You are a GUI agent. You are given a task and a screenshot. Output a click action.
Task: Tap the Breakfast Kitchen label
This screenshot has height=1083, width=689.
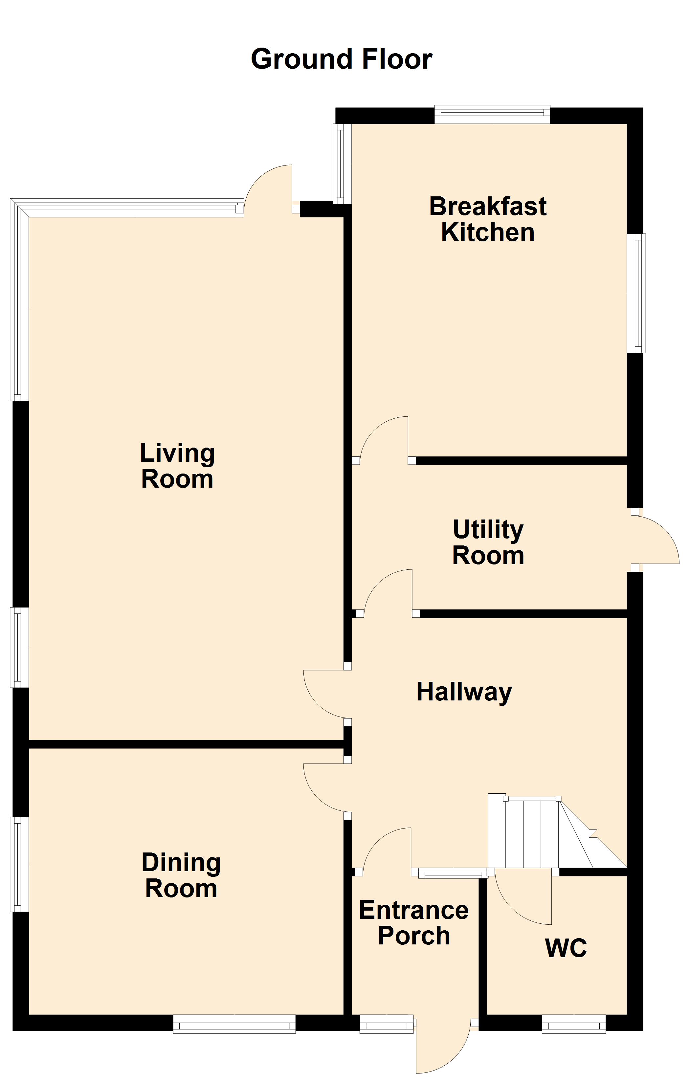(x=488, y=219)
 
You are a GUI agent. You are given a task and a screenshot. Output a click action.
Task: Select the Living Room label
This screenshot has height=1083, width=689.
(x=177, y=466)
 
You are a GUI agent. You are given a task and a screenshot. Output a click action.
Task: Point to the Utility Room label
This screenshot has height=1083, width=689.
(x=488, y=542)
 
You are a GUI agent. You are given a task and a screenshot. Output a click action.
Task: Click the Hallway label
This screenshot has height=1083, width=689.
(x=464, y=692)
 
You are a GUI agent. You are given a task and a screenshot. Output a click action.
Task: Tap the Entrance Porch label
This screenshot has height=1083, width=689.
(x=414, y=923)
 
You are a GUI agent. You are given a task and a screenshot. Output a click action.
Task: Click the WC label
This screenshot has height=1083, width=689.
(x=566, y=948)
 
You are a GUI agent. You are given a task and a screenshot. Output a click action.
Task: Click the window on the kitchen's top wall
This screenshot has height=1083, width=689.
(x=492, y=114)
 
